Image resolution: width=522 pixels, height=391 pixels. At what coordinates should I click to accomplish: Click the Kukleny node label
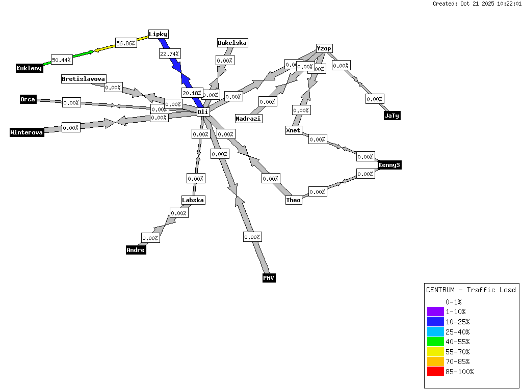pyautogui.click(x=29, y=68)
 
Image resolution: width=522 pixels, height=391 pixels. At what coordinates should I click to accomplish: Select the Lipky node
pyautogui.click(x=158, y=34)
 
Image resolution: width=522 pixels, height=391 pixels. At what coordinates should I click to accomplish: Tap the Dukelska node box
pyautogui.click(x=232, y=43)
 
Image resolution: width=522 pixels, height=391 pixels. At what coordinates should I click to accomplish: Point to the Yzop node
pyautogui.click(x=324, y=48)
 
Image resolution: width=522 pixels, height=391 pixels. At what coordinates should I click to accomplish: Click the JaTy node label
pyautogui.click(x=391, y=116)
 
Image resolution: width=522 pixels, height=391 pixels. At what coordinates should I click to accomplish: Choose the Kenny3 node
pyautogui.click(x=389, y=165)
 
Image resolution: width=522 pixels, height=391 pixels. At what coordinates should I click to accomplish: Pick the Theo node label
pyautogui.click(x=293, y=200)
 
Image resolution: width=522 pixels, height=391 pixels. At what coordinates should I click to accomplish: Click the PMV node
pyautogui.click(x=269, y=278)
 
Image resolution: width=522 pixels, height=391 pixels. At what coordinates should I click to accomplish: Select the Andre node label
pyautogui.click(x=136, y=250)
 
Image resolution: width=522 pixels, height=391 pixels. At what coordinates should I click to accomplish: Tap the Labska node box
pyautogui.click(x=193, y=200)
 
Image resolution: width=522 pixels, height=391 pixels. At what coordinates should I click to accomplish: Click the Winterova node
pyautogui.click(x=27, y=132)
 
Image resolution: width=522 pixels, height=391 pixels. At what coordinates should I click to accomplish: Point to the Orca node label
pyautogui.click(x=28, y=99)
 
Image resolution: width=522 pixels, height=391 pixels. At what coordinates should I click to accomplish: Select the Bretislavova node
pyautogui.click(x=84, y=79)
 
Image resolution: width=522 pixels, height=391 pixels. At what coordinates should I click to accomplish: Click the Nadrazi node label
pyautogui.click(x=248, y=119)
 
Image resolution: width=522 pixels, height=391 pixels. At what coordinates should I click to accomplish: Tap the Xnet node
pyautogui.click(x=293, y=130)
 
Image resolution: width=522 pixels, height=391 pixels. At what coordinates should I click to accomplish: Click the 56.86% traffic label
pyautogui.click(x=125, y=43)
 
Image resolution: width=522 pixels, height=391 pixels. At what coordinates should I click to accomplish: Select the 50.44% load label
pyautogui.click(x=62, y=60)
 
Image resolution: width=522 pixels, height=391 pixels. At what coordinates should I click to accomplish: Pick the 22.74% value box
pyautogui.click(x=170, y=53)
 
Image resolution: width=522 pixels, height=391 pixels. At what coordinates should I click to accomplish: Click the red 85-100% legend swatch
pyautogui.click(x=435, y=372)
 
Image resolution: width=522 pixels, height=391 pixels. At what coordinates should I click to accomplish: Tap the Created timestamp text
pyautogui.click(x=477, y=4)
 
